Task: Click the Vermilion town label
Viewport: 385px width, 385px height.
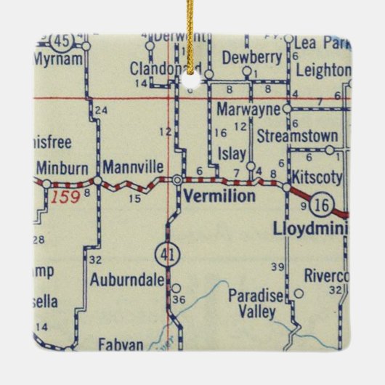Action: (x=219, y=196)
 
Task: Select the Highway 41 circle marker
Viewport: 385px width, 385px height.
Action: (x=164, y=254)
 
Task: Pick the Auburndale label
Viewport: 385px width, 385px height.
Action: (x=127, y=278)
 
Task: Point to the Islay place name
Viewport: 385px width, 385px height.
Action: (x=232, y=153)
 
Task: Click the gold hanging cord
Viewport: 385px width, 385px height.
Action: (x=192, y=33)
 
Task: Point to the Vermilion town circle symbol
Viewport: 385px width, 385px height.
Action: (x=177, y=179)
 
